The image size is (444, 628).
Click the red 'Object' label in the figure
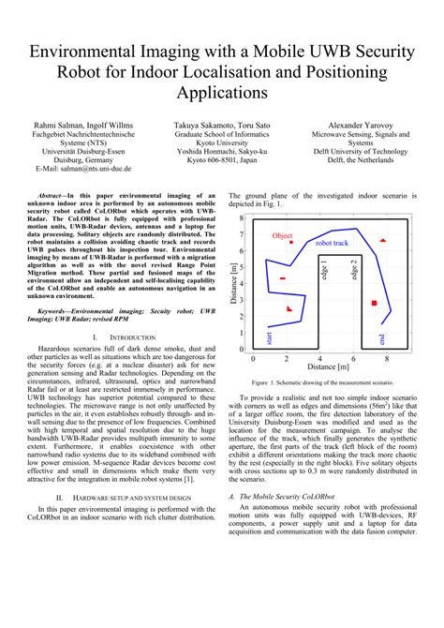click(283, 236)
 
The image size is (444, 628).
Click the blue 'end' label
click(381, 338)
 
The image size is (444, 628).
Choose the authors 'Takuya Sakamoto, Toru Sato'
click(221, 124)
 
